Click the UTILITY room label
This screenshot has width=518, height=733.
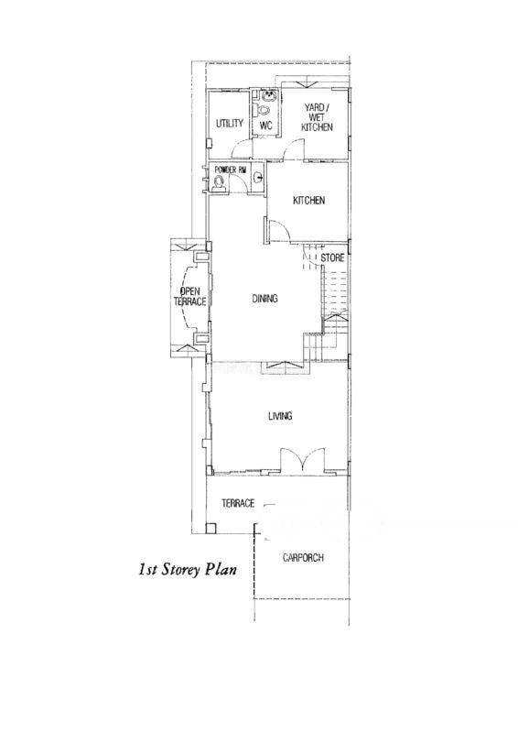(230, 124)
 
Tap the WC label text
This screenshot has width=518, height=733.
(265, 126)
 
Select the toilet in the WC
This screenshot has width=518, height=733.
(264, 110)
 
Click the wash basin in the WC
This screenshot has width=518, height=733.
(269, 97)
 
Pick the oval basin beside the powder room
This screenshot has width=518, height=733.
(258, 178)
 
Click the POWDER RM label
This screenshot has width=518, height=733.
(230, 170)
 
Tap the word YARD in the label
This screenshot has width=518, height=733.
(315, 108)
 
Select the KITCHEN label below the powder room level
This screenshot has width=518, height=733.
(308, 201)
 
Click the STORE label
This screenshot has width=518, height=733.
(332, 258)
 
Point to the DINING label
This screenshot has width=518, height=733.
(264, 299)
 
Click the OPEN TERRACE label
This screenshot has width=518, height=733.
(190, 297)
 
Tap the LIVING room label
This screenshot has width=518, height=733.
(280, 416)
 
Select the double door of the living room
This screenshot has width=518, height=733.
(303, 461)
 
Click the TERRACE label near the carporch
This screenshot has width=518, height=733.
(238, 503)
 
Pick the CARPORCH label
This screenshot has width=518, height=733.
(303, 558)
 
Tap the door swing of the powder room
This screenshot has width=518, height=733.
(241, 185)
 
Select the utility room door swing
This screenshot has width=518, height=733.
(243, 148)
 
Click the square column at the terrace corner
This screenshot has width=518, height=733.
(211, 529)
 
